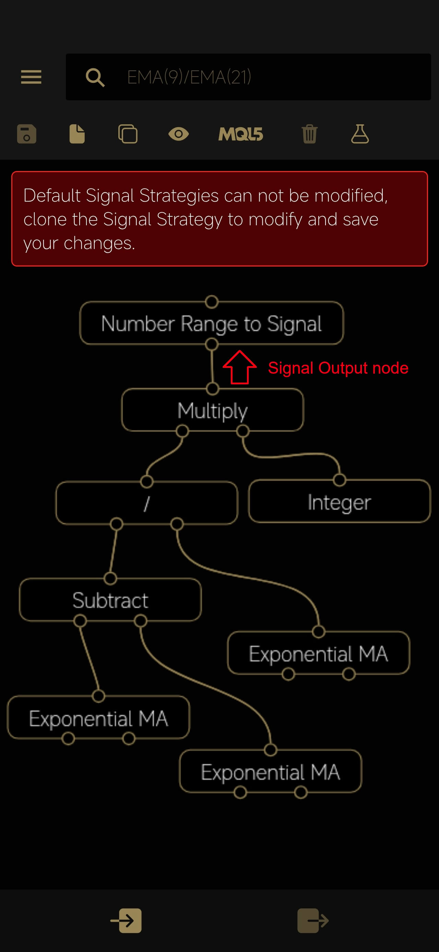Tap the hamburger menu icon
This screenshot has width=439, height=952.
point(31,77)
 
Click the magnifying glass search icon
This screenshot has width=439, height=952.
point(95,77)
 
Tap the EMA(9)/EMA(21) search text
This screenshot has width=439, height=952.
point(189,77)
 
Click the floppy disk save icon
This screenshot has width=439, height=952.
point(27,134)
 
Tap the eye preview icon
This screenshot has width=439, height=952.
point(179,134)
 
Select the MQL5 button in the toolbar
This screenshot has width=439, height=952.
point(240,134)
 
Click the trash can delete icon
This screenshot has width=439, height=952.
point(309,134)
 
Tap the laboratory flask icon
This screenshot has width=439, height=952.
point(360,134)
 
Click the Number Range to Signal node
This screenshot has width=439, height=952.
point(212,324)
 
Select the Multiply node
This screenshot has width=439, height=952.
point(213,410)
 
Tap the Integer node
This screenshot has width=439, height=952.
point(339,501)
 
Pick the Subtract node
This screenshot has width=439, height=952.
point(110,600)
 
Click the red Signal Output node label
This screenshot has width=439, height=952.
point(338,368)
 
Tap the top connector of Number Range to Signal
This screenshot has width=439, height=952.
point(212,302)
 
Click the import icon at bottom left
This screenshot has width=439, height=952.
point(126,920)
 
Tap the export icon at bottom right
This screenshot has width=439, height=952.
point(313,920)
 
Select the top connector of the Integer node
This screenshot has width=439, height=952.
point(339,480)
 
